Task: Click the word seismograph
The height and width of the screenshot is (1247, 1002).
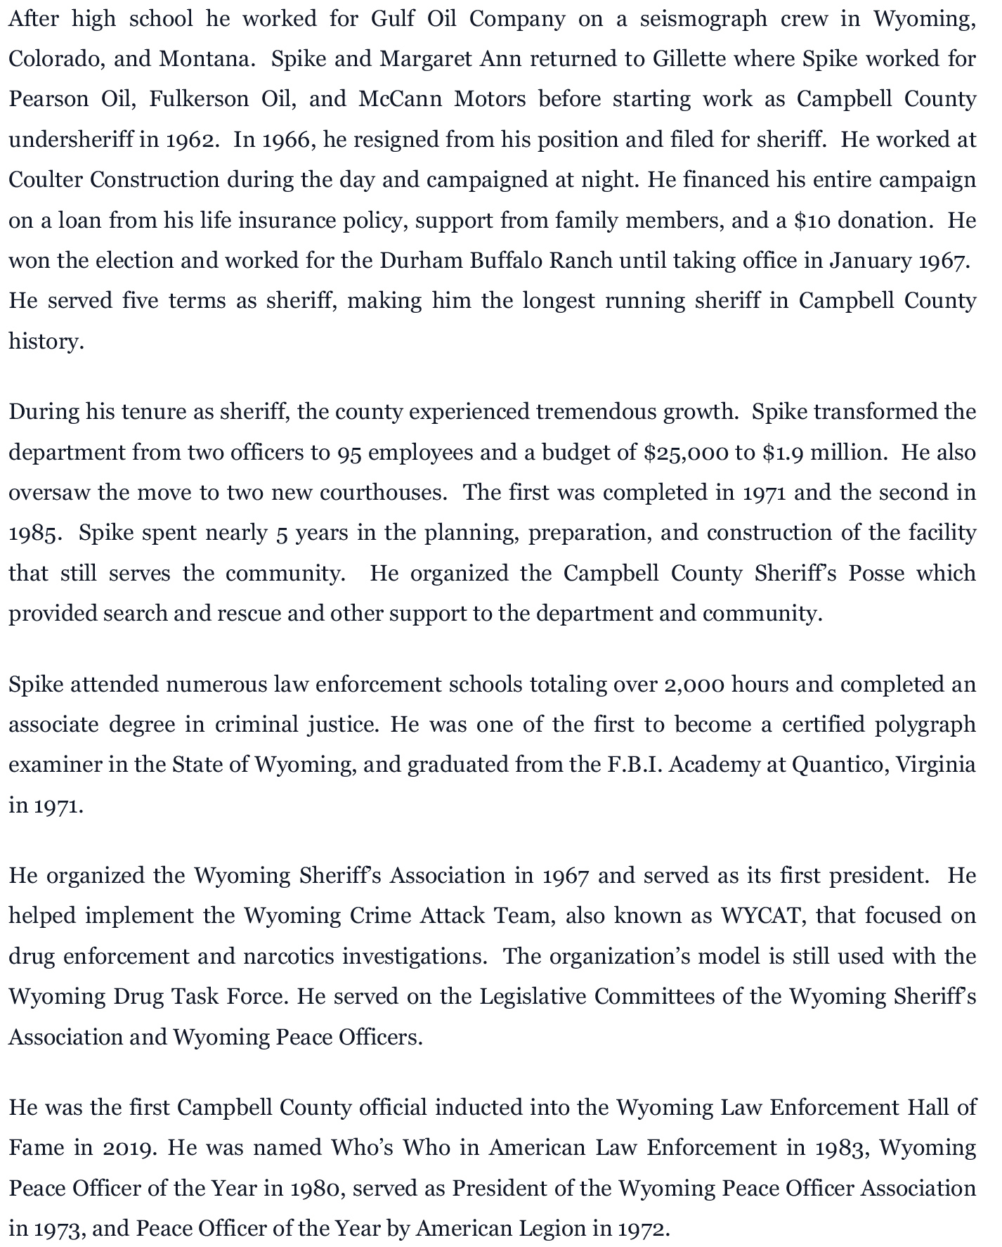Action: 703,19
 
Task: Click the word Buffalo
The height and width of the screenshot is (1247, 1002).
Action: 506,261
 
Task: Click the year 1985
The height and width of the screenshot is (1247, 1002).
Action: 34,533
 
